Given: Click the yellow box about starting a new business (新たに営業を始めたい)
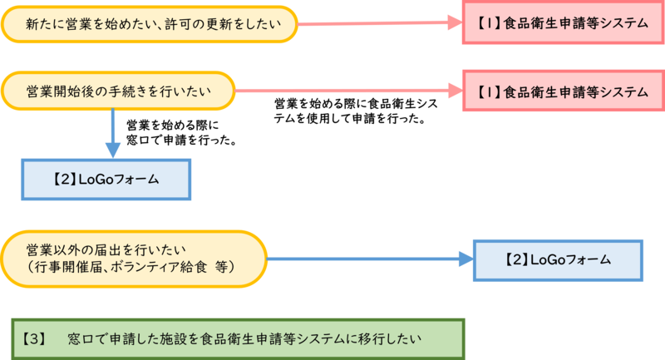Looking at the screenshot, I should click(x=150, y=25).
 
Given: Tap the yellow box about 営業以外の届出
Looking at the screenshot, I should click(x=133, y=259).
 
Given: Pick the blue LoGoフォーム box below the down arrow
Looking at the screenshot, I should click(x=106, y=179).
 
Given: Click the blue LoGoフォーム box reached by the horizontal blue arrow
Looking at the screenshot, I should click(x=558, y=260).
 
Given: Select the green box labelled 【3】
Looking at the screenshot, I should click(x=238, y=338).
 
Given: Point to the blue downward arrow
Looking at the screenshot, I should click(x=113, y=133).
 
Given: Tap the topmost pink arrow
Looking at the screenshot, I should click(x=382, y=24).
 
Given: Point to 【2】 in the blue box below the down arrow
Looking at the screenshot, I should click(x=64, y=179).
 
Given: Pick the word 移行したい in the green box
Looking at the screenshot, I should click(x=390, y=339).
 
